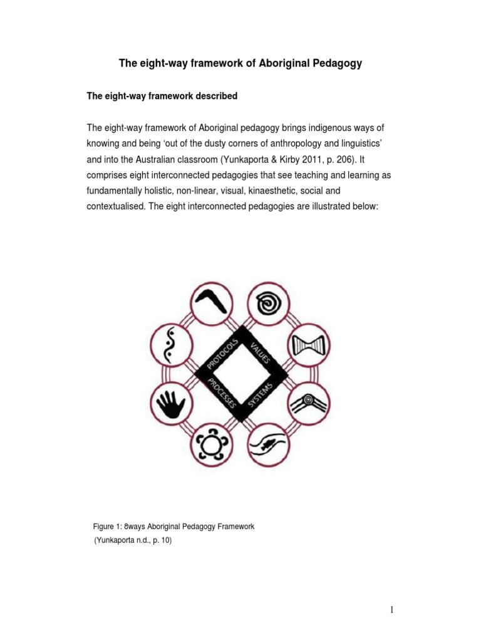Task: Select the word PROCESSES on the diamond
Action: click(220, 395)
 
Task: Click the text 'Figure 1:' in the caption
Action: click(106, 527)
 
